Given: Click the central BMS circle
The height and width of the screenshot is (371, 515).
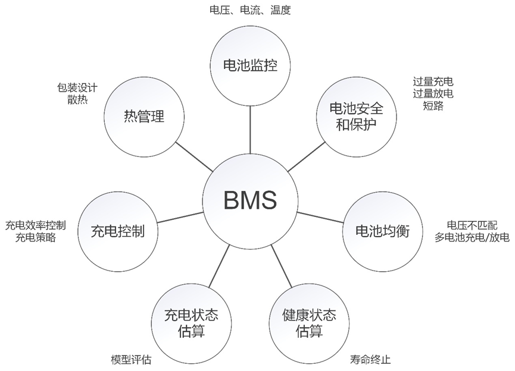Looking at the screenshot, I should click(250, 200).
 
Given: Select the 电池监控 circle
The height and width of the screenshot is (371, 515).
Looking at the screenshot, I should click(249, 65).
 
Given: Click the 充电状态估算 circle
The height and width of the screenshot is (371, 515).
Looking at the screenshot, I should click(191, 322).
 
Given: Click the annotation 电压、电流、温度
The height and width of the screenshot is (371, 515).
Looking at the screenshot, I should click(250, 10).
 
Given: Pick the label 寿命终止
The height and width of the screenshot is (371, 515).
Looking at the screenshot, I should click(370, 360).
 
